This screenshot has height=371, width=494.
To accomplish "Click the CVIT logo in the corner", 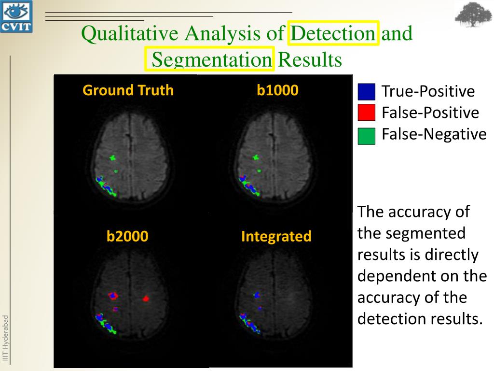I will [x=16, y=16].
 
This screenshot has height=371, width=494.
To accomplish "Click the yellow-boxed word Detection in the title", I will [x=333, y=33].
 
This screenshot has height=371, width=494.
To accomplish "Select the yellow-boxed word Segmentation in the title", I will [x=211, y=59].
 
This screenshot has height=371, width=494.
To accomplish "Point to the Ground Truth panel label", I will [x=128, y=90].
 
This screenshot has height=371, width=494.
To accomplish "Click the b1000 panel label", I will [x=277, y=90].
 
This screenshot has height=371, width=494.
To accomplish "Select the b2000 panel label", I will [x=127, y=236].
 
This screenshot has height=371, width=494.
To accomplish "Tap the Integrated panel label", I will [x=276, y=236].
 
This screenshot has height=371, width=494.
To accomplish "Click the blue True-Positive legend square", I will [x=367, y=92].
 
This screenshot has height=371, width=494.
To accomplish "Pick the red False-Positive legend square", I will [x=367, y=113].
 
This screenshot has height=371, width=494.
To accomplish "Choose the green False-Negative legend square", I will [x=367, y=136].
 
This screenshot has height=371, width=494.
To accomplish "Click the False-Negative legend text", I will [x=434, y=134].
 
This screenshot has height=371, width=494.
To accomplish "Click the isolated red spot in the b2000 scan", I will [x=146, y=299].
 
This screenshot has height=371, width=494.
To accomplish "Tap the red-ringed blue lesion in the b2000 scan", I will [x=114, y=295].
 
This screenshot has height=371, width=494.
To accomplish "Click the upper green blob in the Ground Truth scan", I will [x=113, y=157].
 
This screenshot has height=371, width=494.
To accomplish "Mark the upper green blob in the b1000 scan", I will [x=256, y=157].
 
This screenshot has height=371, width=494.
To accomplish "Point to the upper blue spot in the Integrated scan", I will [x=257, y=294].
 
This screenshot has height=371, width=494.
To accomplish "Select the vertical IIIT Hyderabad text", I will [x=6, y=338].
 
